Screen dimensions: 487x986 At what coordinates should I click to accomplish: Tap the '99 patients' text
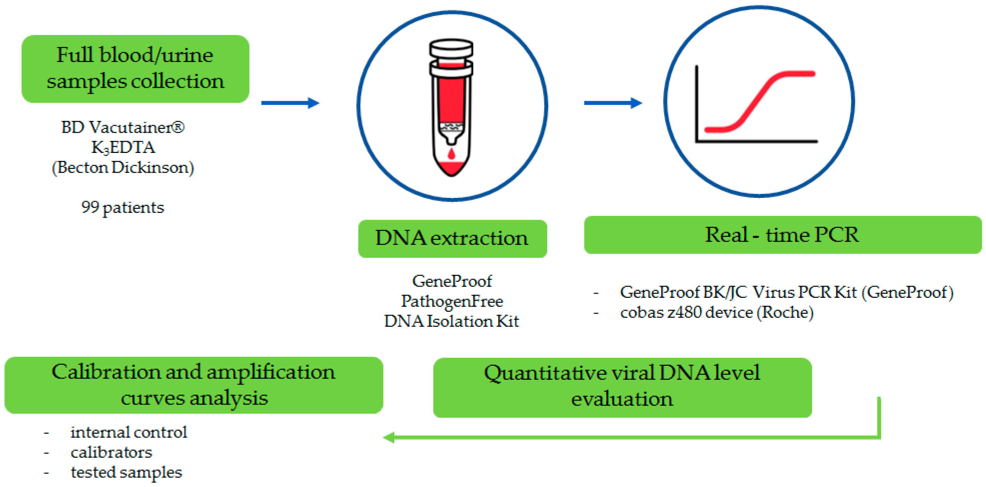(x=122, y=207)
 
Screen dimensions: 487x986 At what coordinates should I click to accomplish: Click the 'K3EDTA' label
(x=122, y=147)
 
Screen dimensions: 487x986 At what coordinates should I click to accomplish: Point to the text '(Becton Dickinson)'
(x=122, y=168)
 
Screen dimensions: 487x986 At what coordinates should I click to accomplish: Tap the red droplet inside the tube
(x=452, y=154)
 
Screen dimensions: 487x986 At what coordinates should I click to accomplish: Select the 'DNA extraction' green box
(x=452, y=238)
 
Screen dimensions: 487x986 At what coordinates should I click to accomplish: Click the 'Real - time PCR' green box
(x=782, y=234)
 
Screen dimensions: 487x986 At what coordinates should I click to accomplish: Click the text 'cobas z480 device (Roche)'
(x=716, y=312)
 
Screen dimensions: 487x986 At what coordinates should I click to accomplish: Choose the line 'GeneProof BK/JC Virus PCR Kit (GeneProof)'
(x=786, y=292)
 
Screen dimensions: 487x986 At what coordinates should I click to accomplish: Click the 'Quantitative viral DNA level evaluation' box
(x=622, y=387)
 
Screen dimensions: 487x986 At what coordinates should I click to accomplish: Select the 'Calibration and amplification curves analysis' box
(x=194, y=385)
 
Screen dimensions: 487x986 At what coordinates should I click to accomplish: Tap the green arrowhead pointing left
(x=389, y=437)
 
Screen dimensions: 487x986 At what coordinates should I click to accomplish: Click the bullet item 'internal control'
(x=129, y=432)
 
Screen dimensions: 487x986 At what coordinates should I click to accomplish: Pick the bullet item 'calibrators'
(x=111, y=452)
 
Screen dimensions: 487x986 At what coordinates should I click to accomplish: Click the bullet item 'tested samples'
(x=126, y=472)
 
